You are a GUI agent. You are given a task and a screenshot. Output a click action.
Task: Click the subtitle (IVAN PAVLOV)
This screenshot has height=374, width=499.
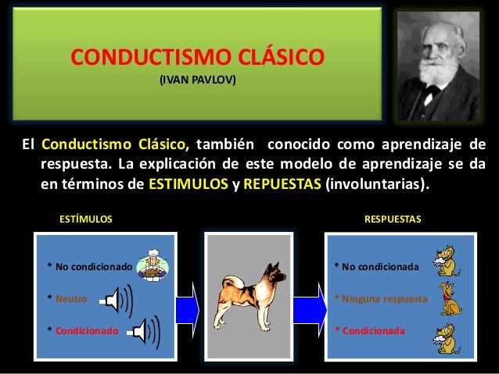point(197,80)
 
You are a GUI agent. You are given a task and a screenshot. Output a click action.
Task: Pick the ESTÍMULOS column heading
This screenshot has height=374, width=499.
point(86,220)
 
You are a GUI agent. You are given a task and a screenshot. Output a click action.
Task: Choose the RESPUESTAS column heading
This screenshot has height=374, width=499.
point(393,220)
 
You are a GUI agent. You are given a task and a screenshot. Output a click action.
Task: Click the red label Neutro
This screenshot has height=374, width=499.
point(74,298)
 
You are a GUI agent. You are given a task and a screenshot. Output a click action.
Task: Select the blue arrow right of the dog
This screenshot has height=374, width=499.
point(311,301)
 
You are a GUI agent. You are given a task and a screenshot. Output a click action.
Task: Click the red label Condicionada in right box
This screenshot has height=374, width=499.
point(372,330)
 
